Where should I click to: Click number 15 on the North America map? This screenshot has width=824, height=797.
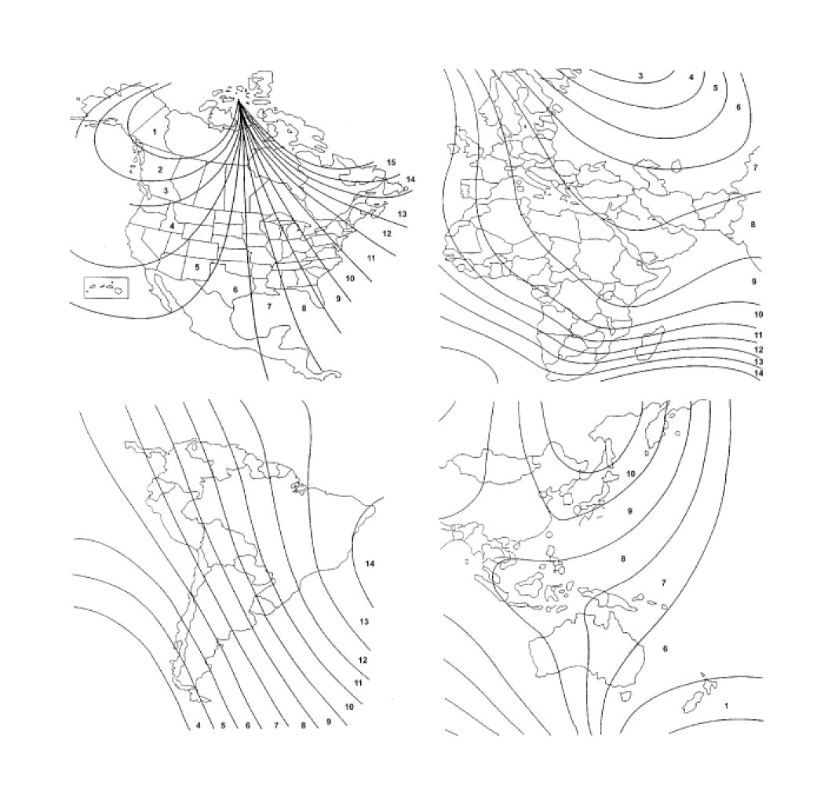tap(391, 163)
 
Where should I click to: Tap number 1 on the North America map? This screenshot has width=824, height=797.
tap(155, 132)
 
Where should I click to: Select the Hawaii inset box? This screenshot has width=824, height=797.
tap(106, 287)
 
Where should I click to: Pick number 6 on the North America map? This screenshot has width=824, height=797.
tap(235, 289)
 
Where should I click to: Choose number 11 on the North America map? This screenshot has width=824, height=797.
tap(371, 258)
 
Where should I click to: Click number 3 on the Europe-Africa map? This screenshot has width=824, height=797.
tap(640, 75)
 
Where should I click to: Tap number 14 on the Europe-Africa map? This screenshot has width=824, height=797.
tap(758, 373)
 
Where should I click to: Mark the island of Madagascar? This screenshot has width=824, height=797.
tap(651, 342)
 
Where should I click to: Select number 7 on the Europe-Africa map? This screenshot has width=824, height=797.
tap(755, 168)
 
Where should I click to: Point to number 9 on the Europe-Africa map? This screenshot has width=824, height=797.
tap(753, 281)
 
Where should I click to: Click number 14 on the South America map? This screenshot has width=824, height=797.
tap(370, 564)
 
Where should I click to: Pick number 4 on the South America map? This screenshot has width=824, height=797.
tap(198, 726)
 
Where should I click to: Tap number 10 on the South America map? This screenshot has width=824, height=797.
tap(349, 707)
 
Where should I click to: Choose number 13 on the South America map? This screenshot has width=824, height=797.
tap(363, 621)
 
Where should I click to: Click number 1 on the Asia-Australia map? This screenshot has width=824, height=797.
tap(726, 706)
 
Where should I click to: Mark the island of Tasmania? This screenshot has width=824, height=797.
tap(626, 696)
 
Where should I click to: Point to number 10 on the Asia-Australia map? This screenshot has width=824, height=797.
tap(631, 473)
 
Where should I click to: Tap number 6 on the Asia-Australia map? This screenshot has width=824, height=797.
tap(665, 649)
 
